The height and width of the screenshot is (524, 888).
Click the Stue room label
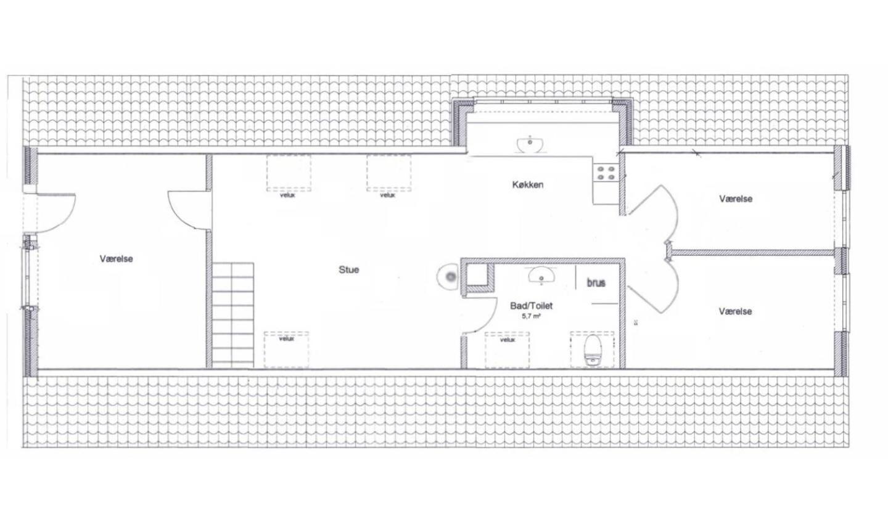coord(349,270)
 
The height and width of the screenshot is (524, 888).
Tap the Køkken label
coord(528,185)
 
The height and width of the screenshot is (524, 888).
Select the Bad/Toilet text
coord(531,306)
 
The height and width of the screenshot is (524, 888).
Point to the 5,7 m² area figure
coord(531,316)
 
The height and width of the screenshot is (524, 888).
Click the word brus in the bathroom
coord(596,282)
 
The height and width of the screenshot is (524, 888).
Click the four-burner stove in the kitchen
coord(606,173)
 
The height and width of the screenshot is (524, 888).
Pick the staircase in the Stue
coord(232,315)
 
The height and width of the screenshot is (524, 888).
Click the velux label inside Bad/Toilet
coord(508,340)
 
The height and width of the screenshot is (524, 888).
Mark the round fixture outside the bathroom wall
coord(448,277)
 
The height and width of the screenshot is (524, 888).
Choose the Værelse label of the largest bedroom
coord(116,259)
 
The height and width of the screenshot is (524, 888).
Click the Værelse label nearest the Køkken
coord(736,199)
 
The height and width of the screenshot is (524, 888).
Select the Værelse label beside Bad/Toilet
coord(735,311)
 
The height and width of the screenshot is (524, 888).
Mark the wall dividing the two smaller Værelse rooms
coord(752,253)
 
